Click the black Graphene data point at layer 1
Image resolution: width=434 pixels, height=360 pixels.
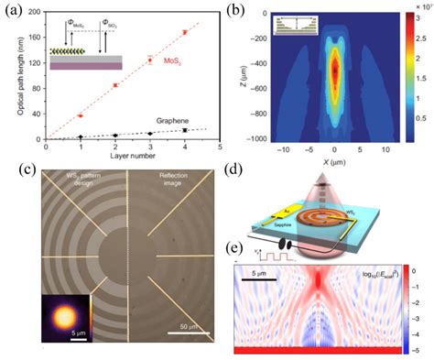click(x=81, y=137)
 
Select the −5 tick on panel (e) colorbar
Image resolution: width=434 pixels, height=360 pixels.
click(x=413, y=349)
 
